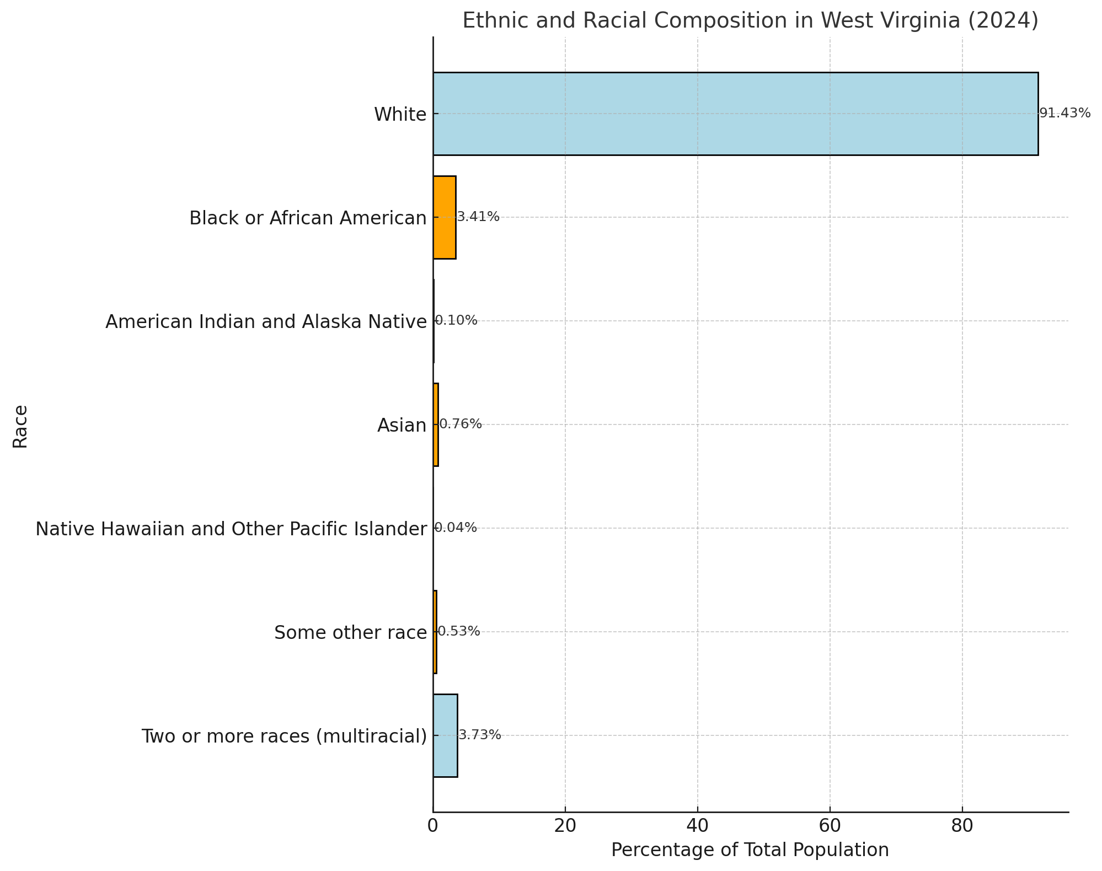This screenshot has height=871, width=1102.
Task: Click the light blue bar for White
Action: pyautogui.click(x=735, y=114)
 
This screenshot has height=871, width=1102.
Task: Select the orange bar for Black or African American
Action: pyautogui.click(x=445, y=217)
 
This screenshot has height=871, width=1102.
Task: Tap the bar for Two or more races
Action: pyautogui.click(x=445, y=735)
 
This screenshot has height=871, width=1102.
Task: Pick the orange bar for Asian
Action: pyautogui.click(x=436, y=424)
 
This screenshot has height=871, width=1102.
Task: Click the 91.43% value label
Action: pyautogui.click(x=1064, y=114)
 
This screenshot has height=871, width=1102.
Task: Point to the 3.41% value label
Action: pyautogui.click(x=478, y=217)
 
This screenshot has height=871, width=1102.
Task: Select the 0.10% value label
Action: pyautogui.click(x=456, y=321)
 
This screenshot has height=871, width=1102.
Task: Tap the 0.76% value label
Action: pyautogui.click(x=460, y=424)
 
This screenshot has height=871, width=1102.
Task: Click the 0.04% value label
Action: pyautogui.click(x=456, y=528)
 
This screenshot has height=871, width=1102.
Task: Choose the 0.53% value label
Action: pyautogui.click(x=458, y=632)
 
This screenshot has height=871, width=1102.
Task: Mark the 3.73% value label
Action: pyautogui.click(x=480, y=735)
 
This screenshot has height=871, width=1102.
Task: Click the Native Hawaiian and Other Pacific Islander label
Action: pyautogui.click(x=231, y=529)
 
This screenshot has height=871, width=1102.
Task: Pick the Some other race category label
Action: pyautogui.click(x=350, y=633)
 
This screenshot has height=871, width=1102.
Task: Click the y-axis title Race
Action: pyautogui.click(x=20, y=427)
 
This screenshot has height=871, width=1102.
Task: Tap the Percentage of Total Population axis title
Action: pyautogui.click(x=750, y=850)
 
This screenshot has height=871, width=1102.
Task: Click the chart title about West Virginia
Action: pyautogui.click(x=750, y=21)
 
